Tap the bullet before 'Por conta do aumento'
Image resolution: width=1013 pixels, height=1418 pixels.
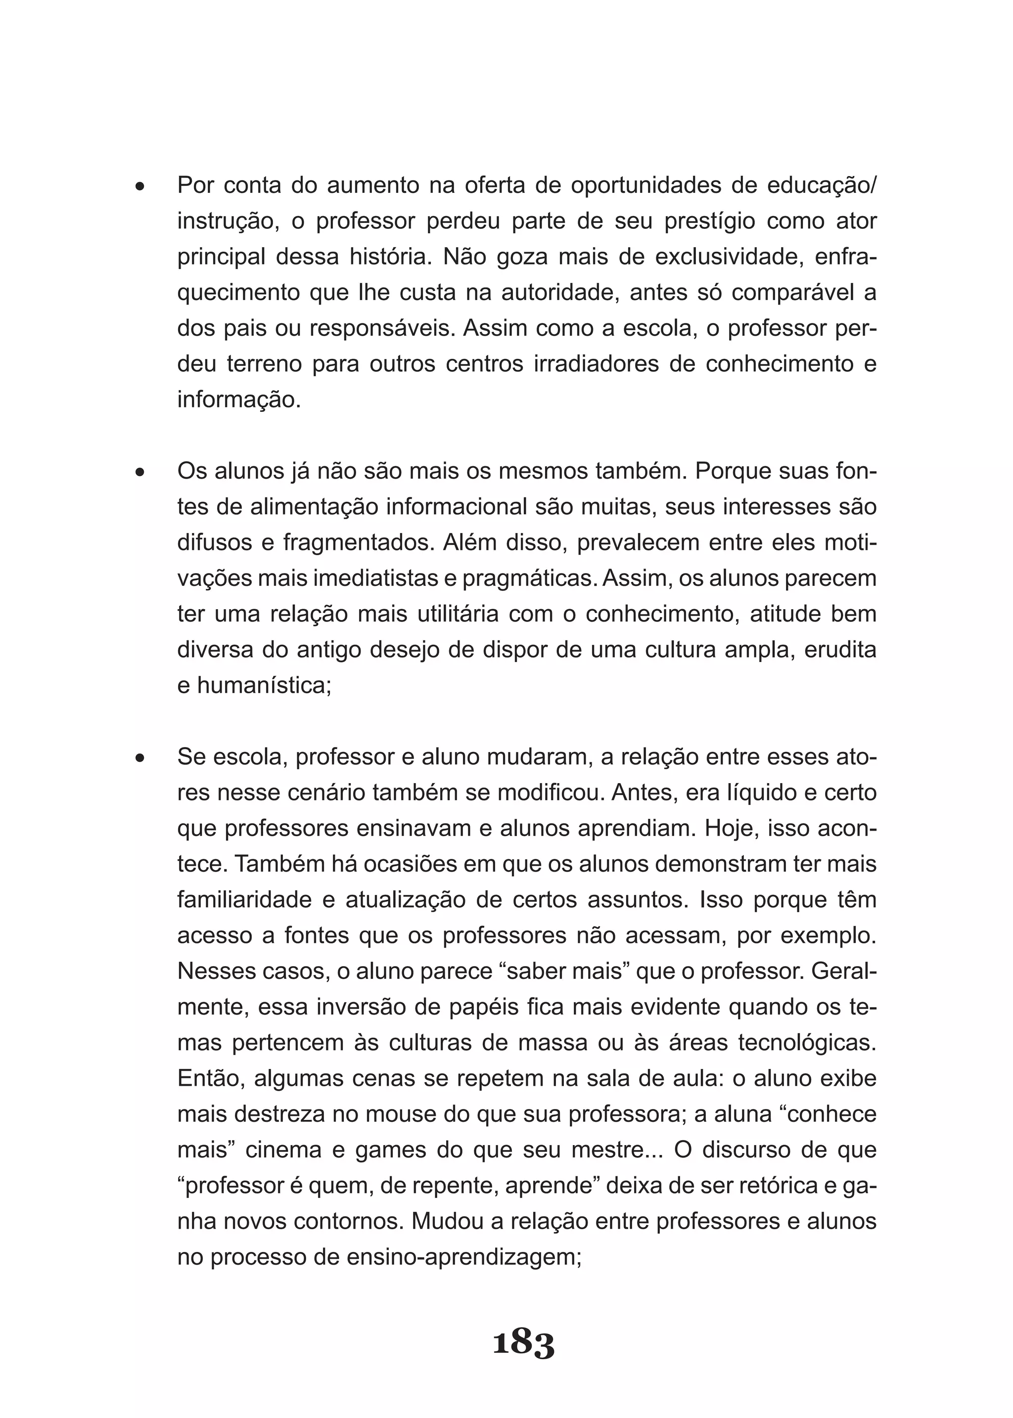[x=140, y=186]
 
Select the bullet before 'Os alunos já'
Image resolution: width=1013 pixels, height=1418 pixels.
[x=140, y=472]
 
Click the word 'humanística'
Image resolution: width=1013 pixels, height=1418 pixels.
[x=264, y=686]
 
